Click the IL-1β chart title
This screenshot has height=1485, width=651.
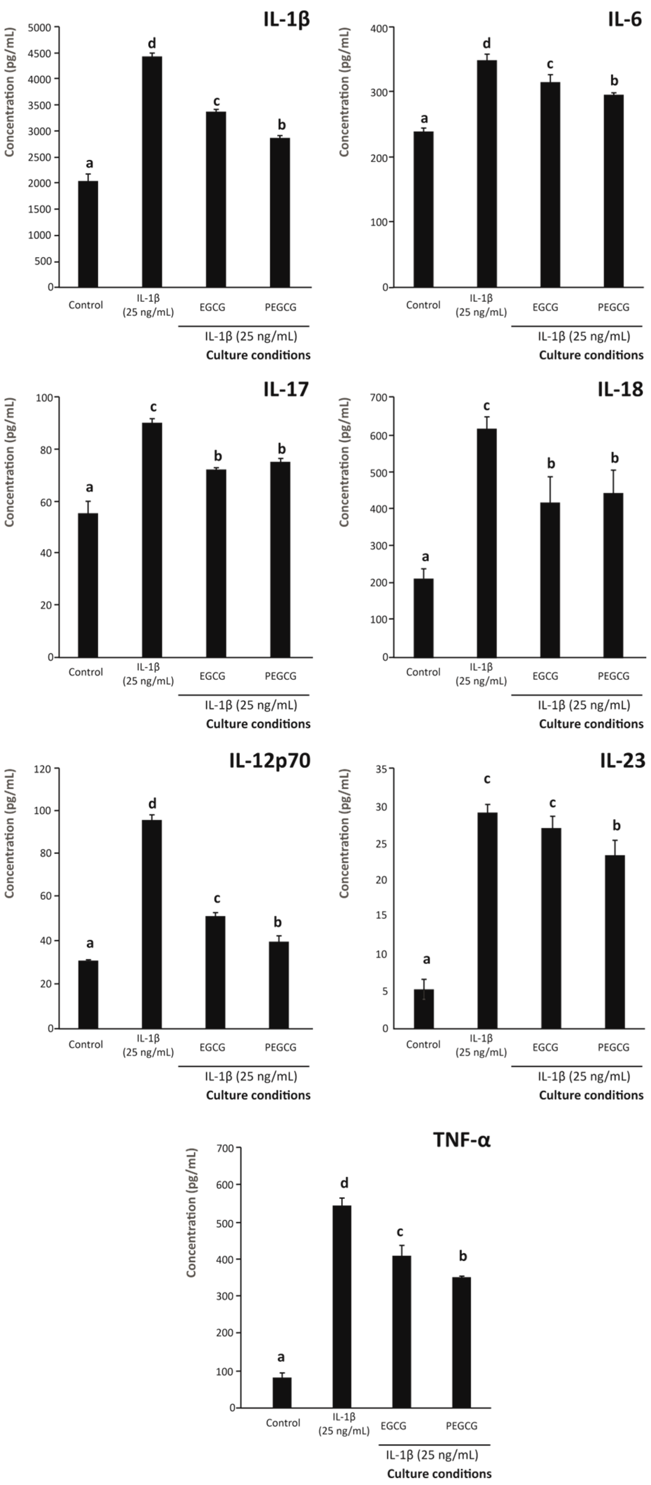tap(286, 19)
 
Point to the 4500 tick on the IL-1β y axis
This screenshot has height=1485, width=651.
tap(42, 53)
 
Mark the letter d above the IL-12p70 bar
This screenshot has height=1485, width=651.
tap(152, 803)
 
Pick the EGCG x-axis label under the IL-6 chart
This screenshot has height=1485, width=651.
tap(545, 307)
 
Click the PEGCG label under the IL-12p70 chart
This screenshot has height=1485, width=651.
tap(281, 1047)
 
